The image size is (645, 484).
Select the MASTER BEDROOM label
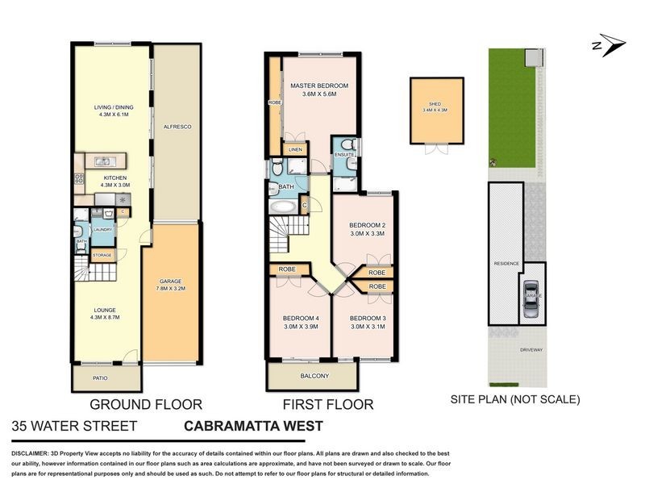(x=319, y=86)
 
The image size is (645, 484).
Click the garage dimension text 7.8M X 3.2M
(x=172, y=288)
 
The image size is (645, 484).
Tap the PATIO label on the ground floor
(x=100, y=378)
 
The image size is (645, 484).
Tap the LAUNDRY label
(x=102, y=230)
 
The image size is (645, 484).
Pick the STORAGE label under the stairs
(x=102, y=255)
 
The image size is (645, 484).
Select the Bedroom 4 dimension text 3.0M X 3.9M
(x=300, y=327)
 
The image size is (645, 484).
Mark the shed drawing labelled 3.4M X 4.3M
(x=437, y=111)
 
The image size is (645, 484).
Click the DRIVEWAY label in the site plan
(x=531, y=350)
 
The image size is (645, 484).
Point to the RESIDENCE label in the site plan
(x=507, y=265)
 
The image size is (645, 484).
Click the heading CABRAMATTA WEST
(x=254, y=426)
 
